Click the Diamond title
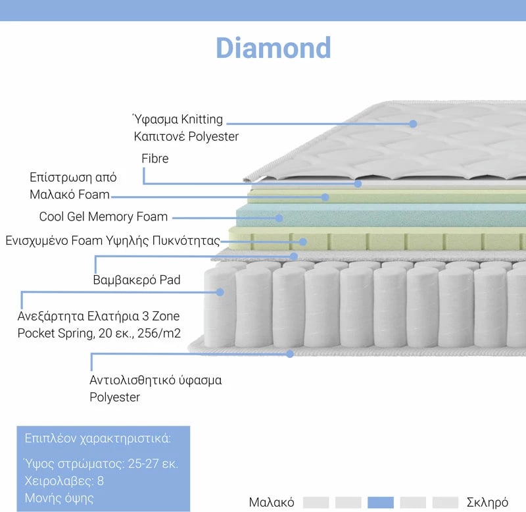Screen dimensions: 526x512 point(274,47)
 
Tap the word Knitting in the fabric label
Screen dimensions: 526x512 point(202,120)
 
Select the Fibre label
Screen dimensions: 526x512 point(155,159)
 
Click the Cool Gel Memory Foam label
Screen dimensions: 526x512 point(103,217)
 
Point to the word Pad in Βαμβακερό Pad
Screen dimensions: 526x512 point(170,280)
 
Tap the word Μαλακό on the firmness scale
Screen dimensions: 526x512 point(272,503)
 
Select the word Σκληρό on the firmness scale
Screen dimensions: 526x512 point(487,503)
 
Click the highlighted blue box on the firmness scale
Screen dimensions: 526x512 point(381,503)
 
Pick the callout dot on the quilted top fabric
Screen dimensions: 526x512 point(413,124)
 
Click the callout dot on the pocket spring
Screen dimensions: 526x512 point(220,292)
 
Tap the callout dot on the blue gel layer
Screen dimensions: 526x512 point(279,218)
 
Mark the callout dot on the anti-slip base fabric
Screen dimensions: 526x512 point(290,353)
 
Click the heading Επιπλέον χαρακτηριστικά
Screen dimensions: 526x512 point(97,438)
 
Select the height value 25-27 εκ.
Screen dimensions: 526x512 point(153,464)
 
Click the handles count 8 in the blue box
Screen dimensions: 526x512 point(101,481)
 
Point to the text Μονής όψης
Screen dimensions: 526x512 point(59,498)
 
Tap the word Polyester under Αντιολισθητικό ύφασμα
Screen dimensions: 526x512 point(114,397)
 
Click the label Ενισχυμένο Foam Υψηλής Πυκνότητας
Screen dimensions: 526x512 point(112,241)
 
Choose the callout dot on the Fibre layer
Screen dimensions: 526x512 point(358,184)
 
